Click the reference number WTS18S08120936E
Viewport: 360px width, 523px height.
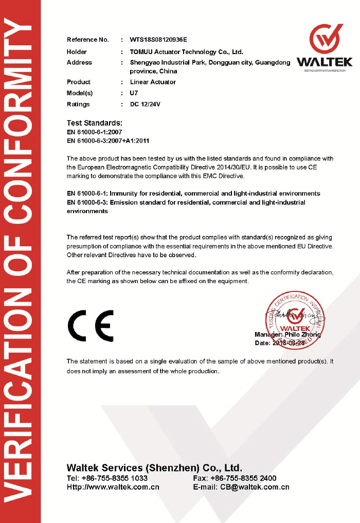(x=158, y=40)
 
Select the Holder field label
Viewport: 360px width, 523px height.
(x=77, y=52)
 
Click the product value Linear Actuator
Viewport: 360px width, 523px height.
(x=153, y=82)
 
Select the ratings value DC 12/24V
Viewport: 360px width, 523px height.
(x=146, y=104)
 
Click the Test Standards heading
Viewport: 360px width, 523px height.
(x=95, y=123)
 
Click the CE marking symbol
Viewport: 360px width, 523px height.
(x=91, y=326)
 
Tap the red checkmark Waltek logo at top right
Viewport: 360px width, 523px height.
(x=326, y=39)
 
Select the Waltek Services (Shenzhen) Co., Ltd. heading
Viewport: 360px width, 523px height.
(x=154, y=468)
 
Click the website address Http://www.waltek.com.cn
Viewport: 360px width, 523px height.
(x=113, y=487)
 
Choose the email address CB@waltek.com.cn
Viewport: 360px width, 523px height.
(x=255, y=487)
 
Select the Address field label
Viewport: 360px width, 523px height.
(x=79, y=63)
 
